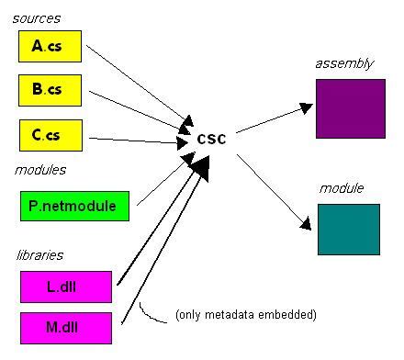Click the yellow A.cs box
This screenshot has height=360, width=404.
(50, 45)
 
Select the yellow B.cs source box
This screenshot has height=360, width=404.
(50, 91)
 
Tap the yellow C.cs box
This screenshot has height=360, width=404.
(50, 134)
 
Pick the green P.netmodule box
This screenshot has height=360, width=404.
(73, 206)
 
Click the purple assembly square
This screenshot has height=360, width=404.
(349, 108)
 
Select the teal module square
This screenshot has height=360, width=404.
(348, 229)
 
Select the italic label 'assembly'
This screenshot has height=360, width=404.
(343, 63)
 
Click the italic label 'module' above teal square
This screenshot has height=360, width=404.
(342, 188)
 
